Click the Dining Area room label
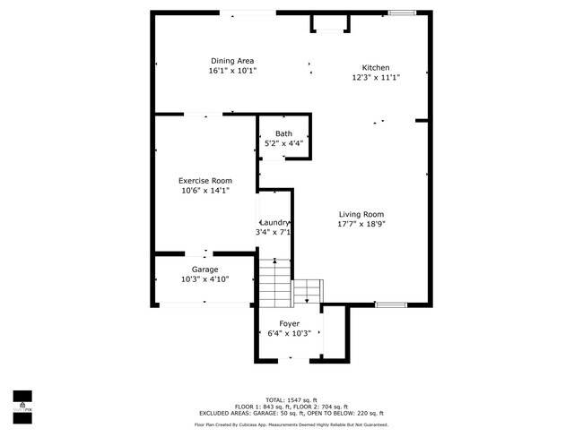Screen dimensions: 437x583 (x=232, y=61)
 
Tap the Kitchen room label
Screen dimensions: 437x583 (x=376, y=68)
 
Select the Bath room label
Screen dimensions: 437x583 (x=283, y=133)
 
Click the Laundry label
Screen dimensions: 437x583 (x=274, y=222)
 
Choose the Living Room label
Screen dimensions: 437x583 (x=361, y=214)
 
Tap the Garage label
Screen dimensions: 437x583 (x=204, y=269)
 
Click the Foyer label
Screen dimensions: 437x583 (x=289, y=323)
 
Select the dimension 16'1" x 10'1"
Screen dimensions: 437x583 (x=232, y=71)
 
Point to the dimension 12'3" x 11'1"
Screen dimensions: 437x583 (x=376, y=78)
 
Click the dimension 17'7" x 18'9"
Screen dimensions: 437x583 (x=361, y=224)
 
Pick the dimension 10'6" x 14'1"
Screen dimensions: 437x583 (x=204, y=190)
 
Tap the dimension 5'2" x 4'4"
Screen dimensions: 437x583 (x=283, y=143)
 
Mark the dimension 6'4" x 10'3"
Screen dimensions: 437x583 (x=289, y=333)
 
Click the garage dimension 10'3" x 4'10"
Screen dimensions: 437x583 (x=204, y=278)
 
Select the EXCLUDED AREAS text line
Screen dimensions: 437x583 (x=291, y=412)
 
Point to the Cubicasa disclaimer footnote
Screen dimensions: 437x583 (x=291, y=424)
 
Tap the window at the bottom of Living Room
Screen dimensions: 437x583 (x=390, y=304)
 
